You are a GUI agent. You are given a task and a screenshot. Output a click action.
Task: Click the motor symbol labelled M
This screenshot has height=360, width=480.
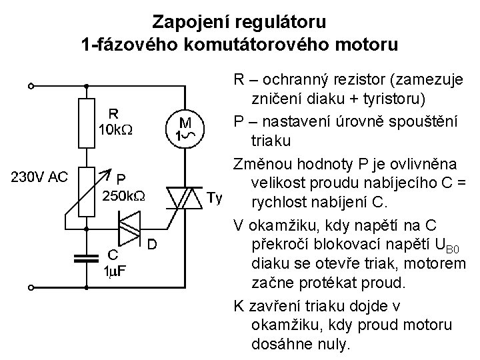click(x=184, y=127)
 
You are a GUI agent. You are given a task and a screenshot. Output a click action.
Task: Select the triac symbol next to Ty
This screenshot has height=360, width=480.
click(x=184, y=197)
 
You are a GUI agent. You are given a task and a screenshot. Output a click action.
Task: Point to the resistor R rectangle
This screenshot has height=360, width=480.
click(x=86, y=123)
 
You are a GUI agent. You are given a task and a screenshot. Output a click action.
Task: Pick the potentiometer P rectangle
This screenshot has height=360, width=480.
click(x=86, y=192)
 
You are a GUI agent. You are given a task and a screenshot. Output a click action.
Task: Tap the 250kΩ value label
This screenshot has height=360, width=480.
click(x=123, y=196)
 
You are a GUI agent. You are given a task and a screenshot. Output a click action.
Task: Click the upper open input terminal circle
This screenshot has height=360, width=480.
click(x=31, y=86)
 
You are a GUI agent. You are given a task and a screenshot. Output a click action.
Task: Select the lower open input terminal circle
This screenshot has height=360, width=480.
click(x=31, y=289)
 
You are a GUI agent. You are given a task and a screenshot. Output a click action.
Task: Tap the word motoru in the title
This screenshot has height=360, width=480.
click(x=370, y=45)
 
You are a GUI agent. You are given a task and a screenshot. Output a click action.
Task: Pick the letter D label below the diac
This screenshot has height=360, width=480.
click(x=152, y=245)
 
